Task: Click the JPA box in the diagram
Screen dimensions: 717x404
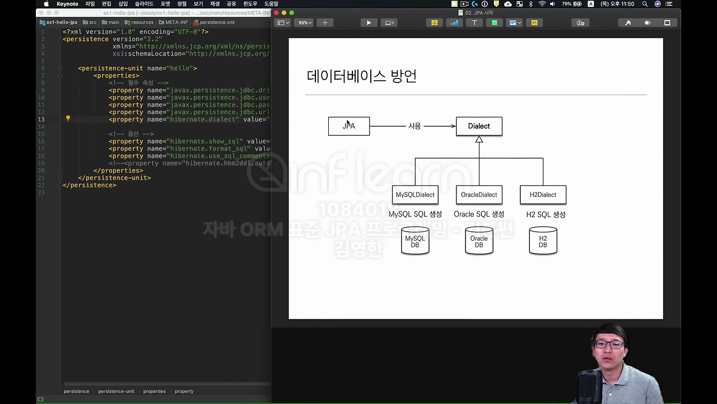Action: pos(348,126)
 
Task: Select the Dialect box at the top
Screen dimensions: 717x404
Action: pos(479,126)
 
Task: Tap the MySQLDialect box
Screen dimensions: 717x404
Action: pos(415,195)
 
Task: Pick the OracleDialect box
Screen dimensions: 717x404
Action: pos(479,195)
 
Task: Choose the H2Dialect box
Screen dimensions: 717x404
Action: pos(543,195)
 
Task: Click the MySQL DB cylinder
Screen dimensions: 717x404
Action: pos(415,241)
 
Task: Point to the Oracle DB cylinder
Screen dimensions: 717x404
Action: pos(479,241)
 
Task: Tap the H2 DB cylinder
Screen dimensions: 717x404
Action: pos(543,241)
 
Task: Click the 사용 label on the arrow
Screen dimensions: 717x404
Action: pos(415,126)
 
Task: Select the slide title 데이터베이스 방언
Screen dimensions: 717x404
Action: pos(361,76)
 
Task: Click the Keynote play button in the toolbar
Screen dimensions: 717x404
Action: pos(369,23)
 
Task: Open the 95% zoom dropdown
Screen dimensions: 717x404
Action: pos(305,23)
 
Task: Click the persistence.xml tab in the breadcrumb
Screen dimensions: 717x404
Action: pos(217,22)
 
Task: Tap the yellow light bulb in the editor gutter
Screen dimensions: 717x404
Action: pos(68,118)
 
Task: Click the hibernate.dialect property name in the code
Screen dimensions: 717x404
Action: pos(203,120)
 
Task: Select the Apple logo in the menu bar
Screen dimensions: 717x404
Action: pos(46,4)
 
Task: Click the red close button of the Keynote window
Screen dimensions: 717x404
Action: pos(277,12)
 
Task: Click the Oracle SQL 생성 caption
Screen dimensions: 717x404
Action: pos(479,214)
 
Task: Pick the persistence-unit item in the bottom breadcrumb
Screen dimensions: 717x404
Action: pos(116,391)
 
